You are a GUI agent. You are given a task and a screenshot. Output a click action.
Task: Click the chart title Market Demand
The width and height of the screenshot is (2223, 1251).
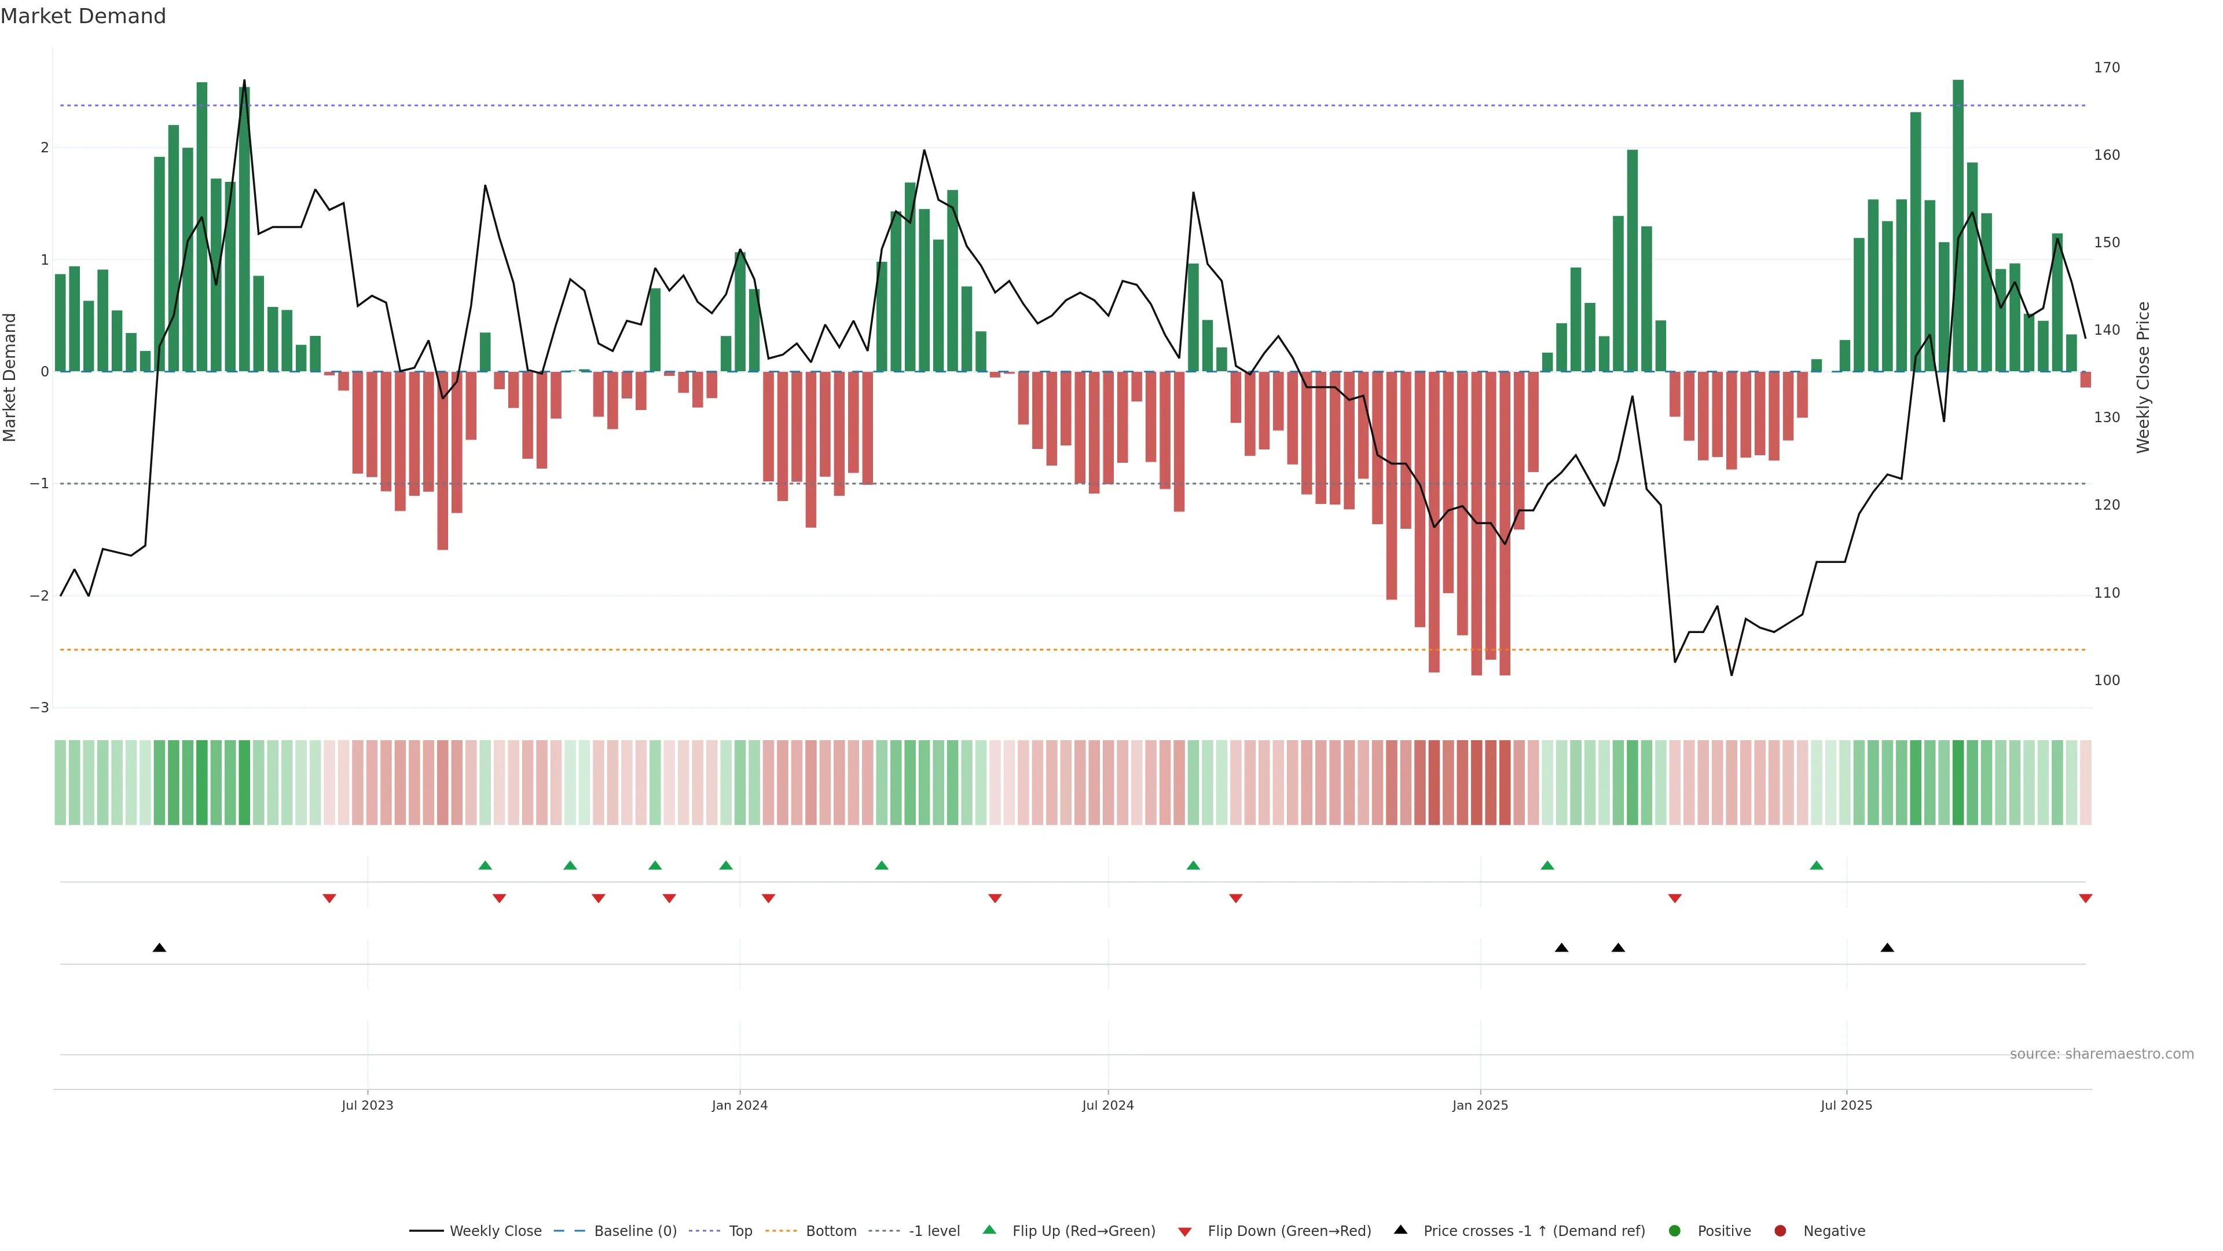coord(83,16)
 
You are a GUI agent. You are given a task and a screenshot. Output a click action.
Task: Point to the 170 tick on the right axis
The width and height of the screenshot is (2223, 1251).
coord(2107,67)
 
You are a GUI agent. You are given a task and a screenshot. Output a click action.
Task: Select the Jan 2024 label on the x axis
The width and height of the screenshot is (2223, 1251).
coord(740,1105)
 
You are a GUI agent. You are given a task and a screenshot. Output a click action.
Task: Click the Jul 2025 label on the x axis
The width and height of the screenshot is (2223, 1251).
coord(1846,1105)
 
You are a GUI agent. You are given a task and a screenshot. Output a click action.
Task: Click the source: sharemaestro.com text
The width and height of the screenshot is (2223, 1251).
coord(2101,1054)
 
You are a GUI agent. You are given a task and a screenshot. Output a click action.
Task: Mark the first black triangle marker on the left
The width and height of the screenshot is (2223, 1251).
coord(160,948)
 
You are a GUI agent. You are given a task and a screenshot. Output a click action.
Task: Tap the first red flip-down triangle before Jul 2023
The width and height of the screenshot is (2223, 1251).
coord(329,899)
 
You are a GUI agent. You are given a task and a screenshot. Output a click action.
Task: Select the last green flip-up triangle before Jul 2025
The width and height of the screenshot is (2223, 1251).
coord(1817,865)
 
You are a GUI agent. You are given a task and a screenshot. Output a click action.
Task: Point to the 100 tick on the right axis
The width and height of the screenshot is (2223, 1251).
coord(2107,681)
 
